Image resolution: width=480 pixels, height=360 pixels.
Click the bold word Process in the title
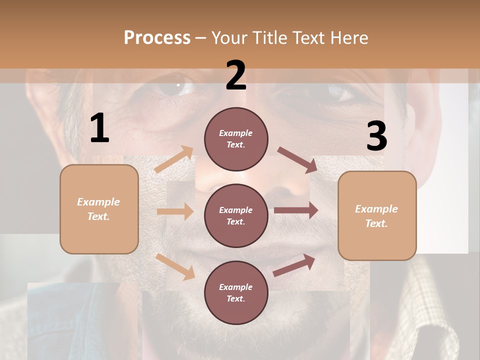[x=157, y=38]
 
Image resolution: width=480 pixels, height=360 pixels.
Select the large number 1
[x=99, y=128]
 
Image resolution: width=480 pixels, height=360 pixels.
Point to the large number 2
[x=236, y=75]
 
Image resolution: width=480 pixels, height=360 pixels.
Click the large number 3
[x=376, y=136]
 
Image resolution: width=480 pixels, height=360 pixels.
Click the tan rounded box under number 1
[x=99, y=209]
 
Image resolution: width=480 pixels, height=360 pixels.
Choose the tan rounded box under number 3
[x=377, y=216]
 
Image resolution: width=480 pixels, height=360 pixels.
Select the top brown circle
[x=236, y=139]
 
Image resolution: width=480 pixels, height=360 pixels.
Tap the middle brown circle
[x=236, y=216]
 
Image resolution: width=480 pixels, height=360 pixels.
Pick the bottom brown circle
[x=236, y=293]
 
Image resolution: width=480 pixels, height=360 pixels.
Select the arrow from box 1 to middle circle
[x=175, y=211]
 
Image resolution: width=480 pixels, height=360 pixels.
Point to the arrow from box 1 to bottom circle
[x=175, y=266]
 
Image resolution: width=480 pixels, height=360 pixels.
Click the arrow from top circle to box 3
[x=297, y=160]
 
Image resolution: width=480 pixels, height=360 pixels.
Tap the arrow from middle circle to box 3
[x=296, y=210]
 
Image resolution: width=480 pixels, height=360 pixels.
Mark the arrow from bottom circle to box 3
[x=294, y=265]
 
